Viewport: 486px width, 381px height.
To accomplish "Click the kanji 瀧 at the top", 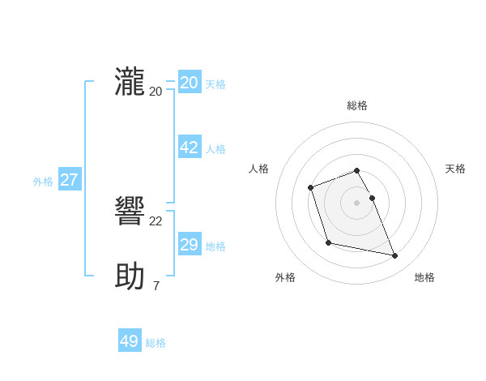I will coord(130,83).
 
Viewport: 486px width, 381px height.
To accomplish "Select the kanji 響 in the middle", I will coord(130,213).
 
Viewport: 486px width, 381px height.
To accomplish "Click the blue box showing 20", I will coord(190,83).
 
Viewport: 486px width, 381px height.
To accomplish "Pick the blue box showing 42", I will coord(190,148).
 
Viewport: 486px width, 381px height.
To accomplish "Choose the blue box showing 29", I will coord(190,245).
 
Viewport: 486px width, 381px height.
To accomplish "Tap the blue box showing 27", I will coord(69,180).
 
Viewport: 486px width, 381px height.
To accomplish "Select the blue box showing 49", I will coord(130,341).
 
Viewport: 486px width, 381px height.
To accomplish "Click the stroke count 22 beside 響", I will coord(156,221).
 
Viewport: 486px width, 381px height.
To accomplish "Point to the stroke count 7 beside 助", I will coord(156,285).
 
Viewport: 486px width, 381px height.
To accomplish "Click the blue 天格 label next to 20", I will coord(215,84).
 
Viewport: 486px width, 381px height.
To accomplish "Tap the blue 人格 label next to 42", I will coord(215,149).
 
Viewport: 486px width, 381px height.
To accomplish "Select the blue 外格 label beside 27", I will coord(43,182).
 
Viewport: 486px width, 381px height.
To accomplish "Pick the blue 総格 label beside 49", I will coord(156,343).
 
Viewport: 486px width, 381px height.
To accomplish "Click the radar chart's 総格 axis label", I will coord(357,105).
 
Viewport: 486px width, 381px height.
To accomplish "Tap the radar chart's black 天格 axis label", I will coord(455,169).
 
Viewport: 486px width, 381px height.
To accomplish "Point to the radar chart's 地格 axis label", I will coord(424,277).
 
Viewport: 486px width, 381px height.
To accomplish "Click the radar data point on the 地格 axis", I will coord(395,256).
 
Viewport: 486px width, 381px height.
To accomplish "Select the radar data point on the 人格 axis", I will coord(311,188).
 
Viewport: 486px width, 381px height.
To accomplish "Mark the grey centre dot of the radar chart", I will coord(357,202).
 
